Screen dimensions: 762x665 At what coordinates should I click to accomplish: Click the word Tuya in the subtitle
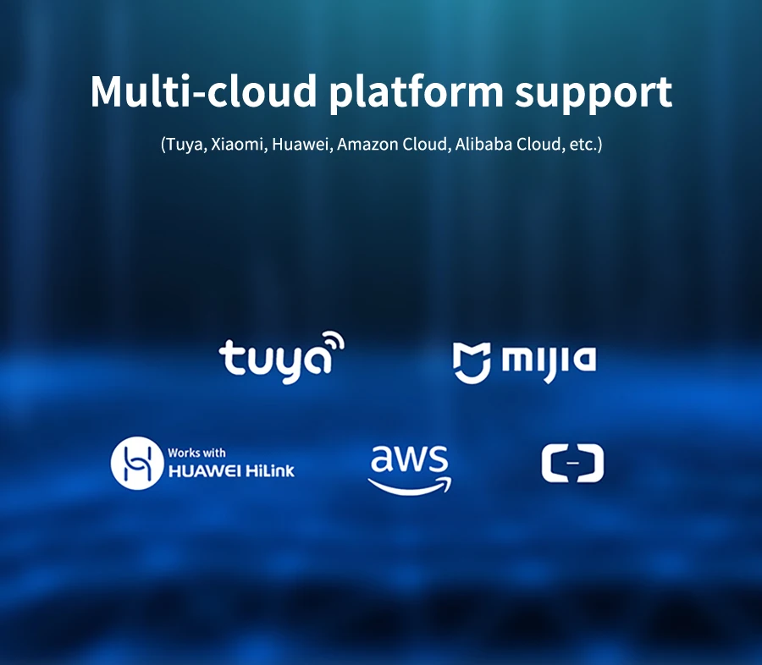[x=183, y=144]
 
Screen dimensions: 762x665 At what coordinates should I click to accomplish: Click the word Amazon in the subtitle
[x=367, y=144]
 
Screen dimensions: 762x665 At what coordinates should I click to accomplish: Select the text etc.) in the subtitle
[x=585, y=144]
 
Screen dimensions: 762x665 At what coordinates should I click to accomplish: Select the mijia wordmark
[x=549, y=361]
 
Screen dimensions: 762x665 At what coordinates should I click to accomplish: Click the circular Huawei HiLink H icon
[x=135, y=462]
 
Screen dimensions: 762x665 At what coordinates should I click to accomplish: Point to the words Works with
[x=196, y=453]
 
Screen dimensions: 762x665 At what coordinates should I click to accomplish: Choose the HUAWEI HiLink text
[x=231, y=470]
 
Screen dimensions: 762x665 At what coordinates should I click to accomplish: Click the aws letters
[x=409, y=460]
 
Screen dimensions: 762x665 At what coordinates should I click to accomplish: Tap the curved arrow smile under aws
[x=410, y=485]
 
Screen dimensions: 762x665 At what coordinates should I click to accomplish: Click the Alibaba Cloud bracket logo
[x=572, y=464]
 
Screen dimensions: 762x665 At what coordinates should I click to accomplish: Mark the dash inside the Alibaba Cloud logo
[x=572, y=464]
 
